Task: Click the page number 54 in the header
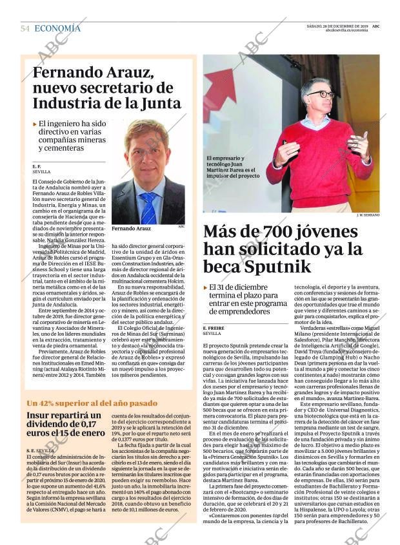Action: (x=25, y=28)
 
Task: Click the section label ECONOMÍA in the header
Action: (x=57, y=28)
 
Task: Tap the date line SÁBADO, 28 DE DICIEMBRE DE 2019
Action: (x=335, y=26)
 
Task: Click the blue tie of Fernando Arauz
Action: (x=148, y=208)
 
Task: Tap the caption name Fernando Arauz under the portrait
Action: (x=131, y=229)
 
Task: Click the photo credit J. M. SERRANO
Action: (x=368, y=215)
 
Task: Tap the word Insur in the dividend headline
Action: (x=40, y=416)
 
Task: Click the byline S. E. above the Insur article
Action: (x=31, y=450)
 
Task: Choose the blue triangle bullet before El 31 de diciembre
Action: (x=206, y=287)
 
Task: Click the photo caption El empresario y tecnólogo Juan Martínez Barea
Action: (x=233, y=166)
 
